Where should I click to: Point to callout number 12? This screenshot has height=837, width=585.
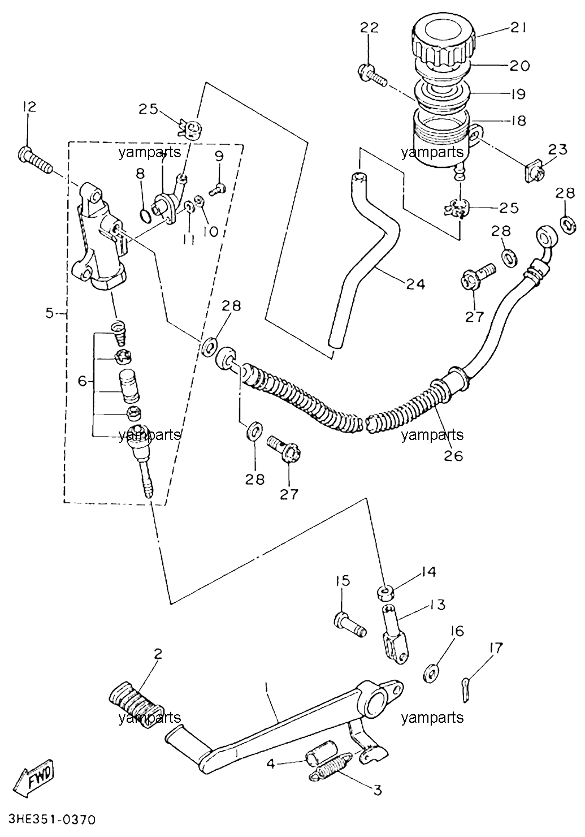[28, 107]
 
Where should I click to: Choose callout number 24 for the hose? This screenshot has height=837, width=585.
[415, 284]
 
